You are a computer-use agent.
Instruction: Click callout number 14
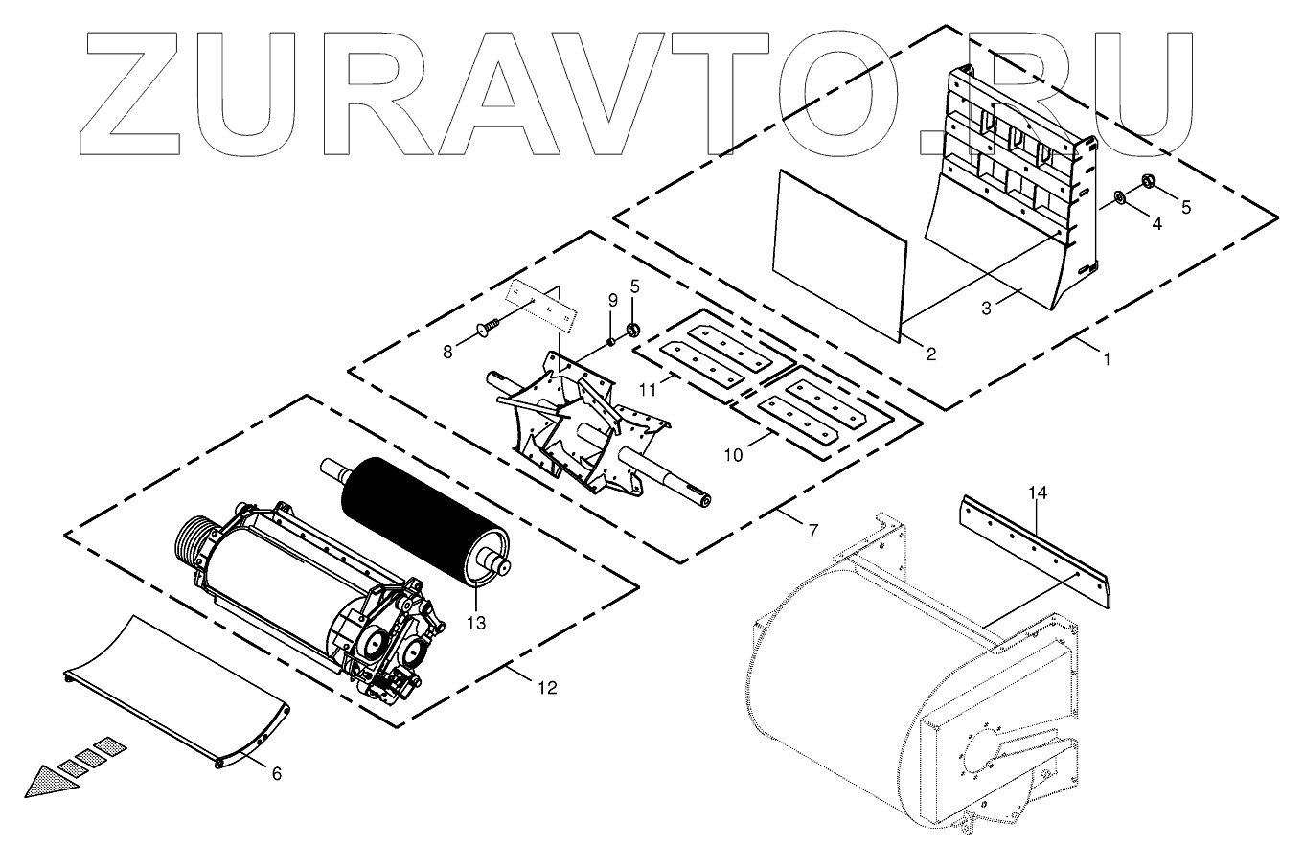(x=1039, y=493)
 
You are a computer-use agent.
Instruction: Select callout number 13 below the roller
(x=476, y=624)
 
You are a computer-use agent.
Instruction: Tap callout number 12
(x=546, y=688)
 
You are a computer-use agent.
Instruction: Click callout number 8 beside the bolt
(x=447, y=353)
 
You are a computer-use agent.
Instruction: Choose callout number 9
(x=612, y=301)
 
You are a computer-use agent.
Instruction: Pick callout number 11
(x=649, y=391)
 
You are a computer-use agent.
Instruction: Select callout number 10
(x=733, y=455)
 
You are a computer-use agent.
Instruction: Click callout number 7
(x=812, y=530)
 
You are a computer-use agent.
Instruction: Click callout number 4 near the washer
(x=1156, y=224)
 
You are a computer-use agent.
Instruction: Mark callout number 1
(x=1107, y=360)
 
